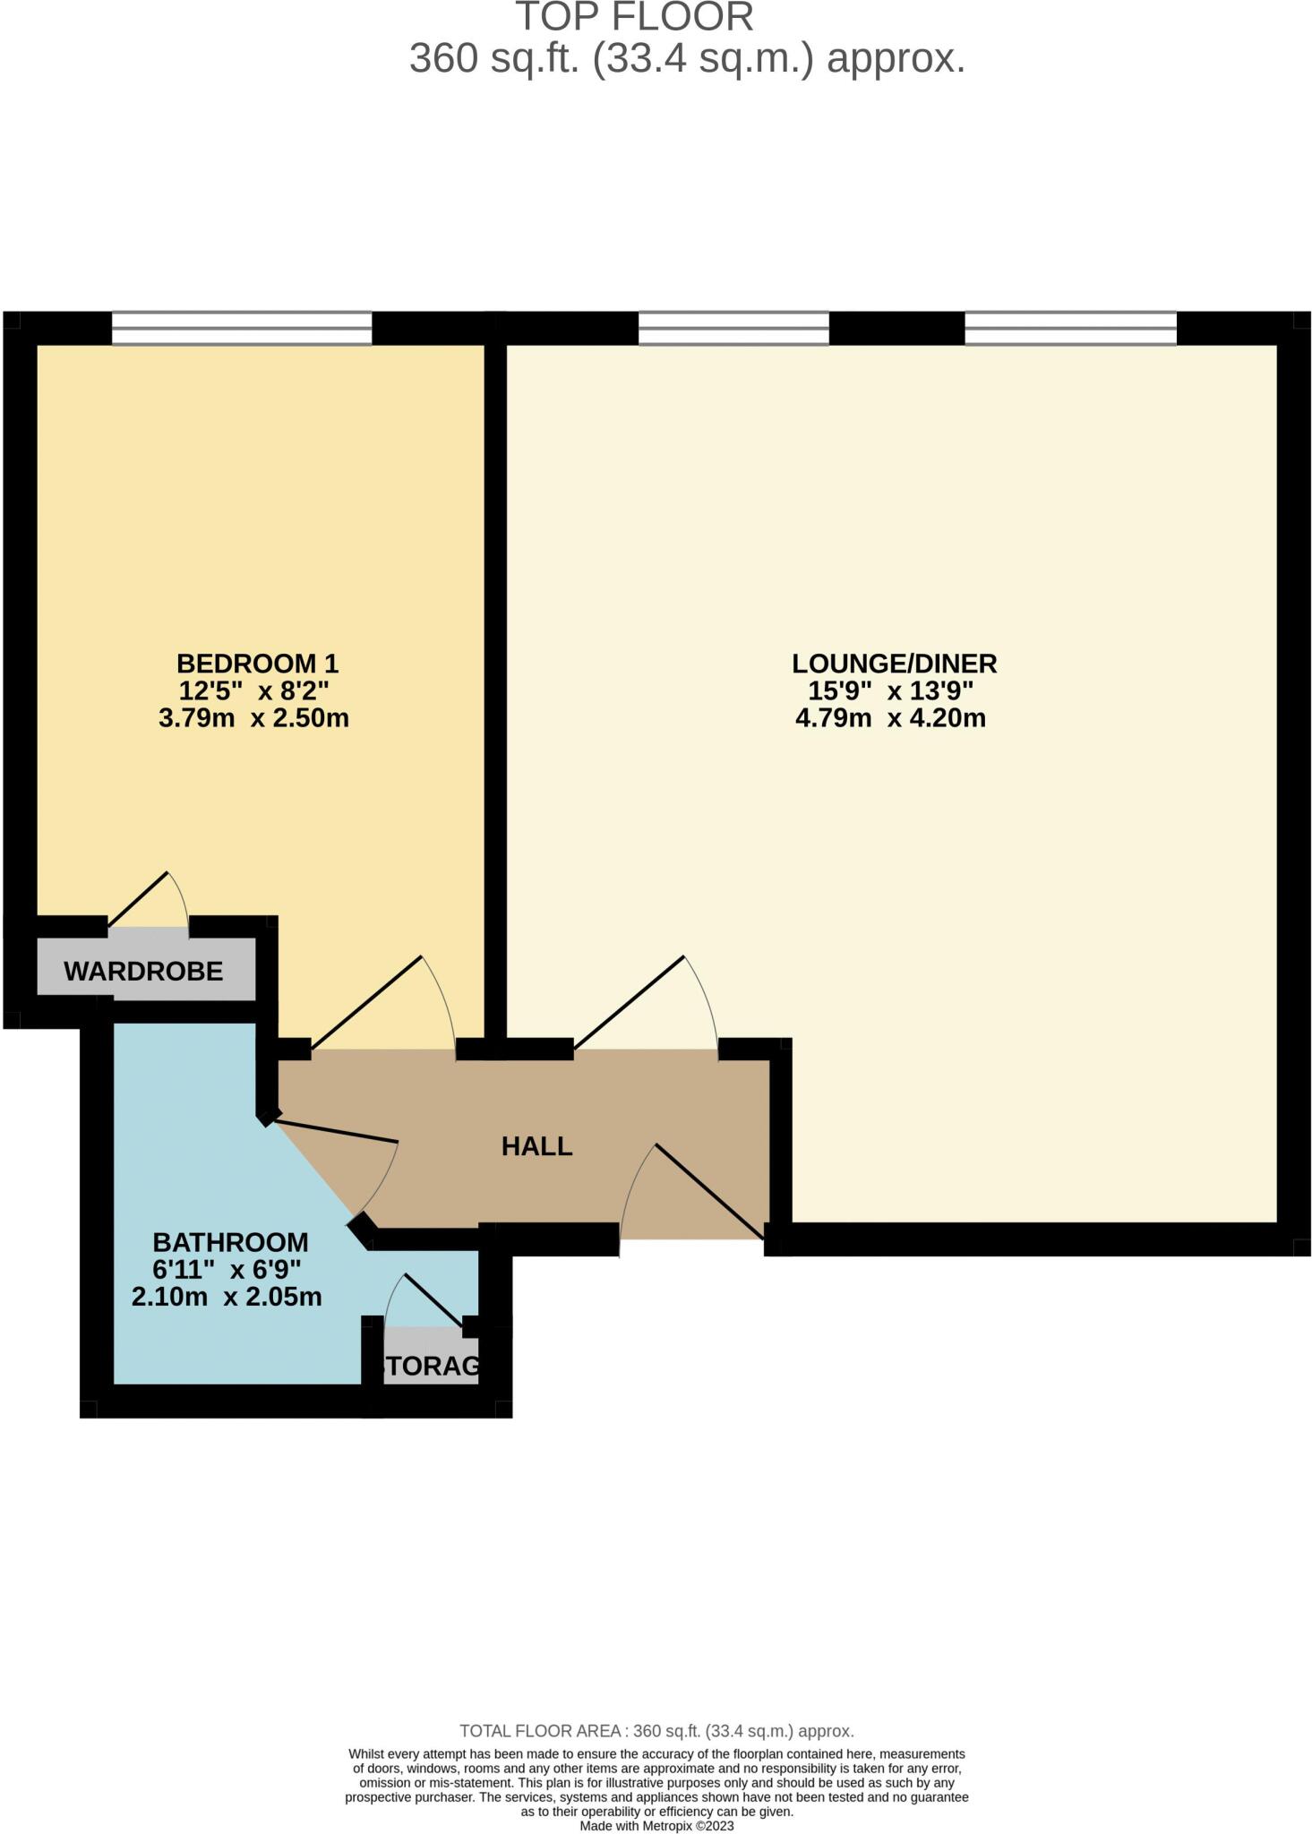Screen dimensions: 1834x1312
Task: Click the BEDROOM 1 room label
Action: pyautogui.click(x=257, y=664)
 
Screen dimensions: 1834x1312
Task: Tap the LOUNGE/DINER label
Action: pyautogui.click(x=894, y=664)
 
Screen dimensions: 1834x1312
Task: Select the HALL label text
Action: pyautogui.click(x=536, y=1146)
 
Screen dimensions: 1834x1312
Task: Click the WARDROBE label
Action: pyautogui.click(x=143, y=971)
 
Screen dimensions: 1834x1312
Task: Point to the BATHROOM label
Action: pyautogui.click(x=230, y=1242)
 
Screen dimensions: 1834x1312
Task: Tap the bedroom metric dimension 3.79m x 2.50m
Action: pyautogui.click(x=253, y=718)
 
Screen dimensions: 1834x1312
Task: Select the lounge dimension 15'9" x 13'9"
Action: pyautogui.click(x=890, y=691)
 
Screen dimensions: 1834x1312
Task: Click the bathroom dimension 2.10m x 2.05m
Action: pyautogui.click(x=227, y=1297)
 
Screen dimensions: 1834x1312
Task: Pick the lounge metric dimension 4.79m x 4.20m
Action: pyautogui.click(x=890, y=718)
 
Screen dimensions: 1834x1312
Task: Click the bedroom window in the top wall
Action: pyautogui.click(x=242, y=328)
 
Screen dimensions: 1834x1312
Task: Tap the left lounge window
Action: pyautogui.click(x=733, y=328)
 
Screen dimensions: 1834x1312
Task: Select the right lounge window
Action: pyautogui.click(x=1070, y=328)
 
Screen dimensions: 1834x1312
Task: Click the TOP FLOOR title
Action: pyautogui.click(x=634, y=18)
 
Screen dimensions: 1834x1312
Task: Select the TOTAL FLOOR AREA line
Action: pyautogui.click(x=656, y=1731)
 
